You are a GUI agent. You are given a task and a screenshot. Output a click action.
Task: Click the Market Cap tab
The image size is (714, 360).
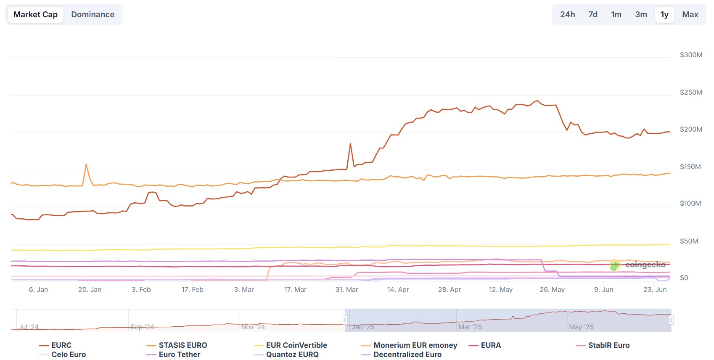(35, 15)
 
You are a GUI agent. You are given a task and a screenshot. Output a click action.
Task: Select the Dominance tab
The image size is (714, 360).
(93, 15)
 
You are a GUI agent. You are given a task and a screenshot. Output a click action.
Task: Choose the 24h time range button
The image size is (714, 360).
(567, 15)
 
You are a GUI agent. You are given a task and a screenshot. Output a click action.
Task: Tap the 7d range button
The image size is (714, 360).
(593, 15)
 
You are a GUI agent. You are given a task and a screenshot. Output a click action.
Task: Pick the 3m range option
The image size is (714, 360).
(641, 15)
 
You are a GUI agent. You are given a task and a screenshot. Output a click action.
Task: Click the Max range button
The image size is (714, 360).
(690, 15)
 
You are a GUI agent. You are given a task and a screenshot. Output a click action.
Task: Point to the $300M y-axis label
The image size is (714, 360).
(691, 55)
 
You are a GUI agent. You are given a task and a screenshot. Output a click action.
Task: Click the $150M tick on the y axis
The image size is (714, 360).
(690, 167)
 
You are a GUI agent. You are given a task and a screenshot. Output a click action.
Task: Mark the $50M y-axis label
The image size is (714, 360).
(689, 241)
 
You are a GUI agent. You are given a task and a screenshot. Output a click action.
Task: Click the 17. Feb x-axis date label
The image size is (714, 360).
(192, 290)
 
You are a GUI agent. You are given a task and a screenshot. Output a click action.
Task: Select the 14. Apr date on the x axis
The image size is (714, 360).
(398, 290)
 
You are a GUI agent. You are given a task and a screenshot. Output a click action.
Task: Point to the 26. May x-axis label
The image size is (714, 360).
(552, 290)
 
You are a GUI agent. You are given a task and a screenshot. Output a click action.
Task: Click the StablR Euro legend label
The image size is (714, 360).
(608, 345)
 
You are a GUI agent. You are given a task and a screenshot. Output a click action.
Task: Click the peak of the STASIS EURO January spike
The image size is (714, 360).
(86, 164)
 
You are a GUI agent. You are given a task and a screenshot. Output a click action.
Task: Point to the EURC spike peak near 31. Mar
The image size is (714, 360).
(350, 144)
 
